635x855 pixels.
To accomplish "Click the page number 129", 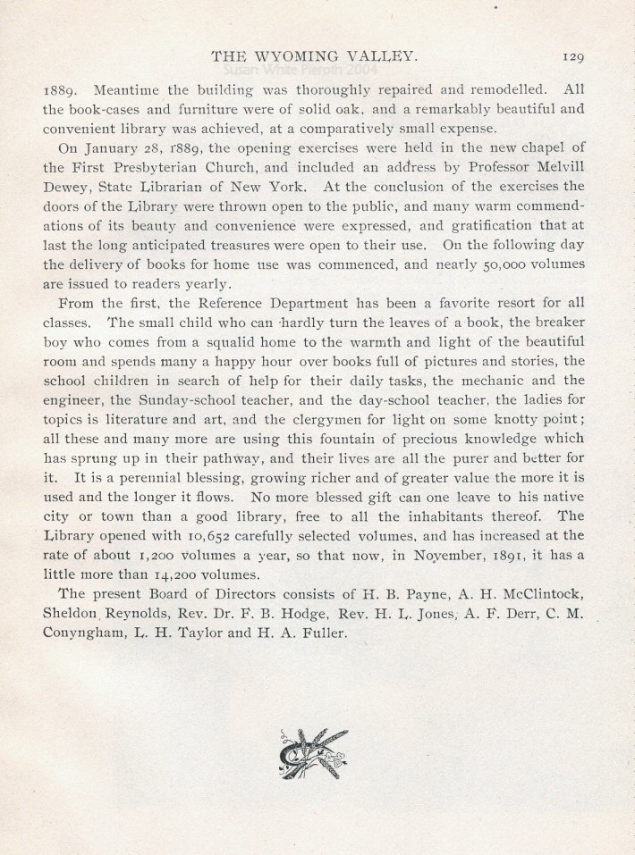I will [573, 56].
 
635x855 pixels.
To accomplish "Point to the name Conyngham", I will [88, 633].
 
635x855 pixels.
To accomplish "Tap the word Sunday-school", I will [186, 400].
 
